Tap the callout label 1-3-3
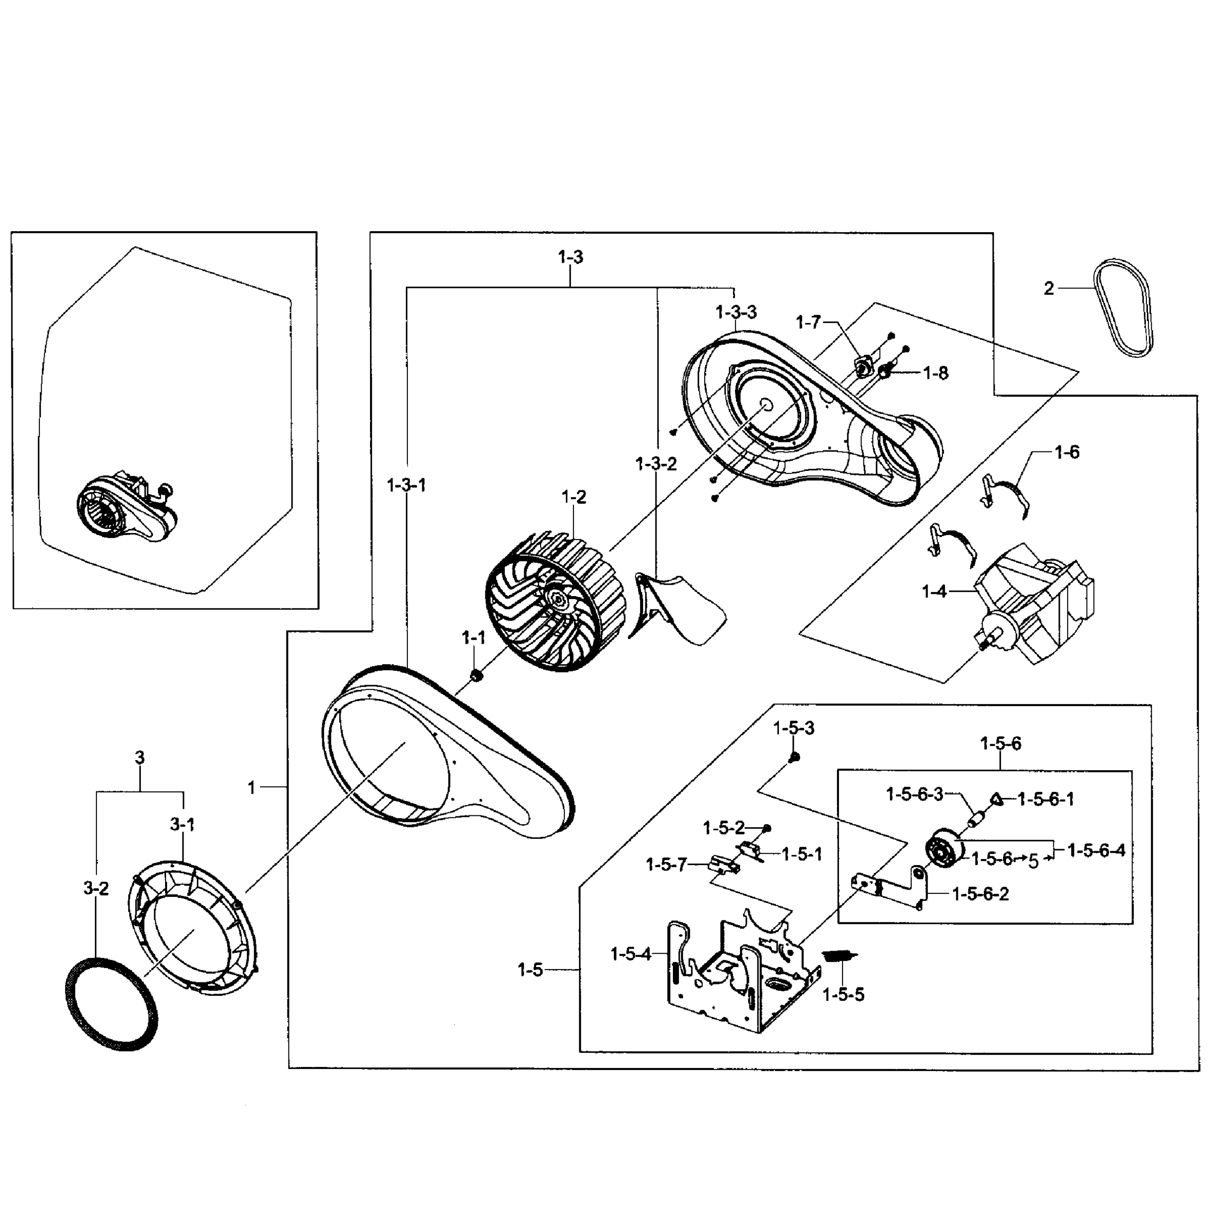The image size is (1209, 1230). point(736,313)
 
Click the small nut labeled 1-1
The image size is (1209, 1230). point(474,674)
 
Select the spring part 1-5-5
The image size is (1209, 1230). point(838,955)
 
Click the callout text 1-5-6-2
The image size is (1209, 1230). point(980,894)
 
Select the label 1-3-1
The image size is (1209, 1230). point(406,485)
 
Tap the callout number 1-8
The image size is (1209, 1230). point(935,374)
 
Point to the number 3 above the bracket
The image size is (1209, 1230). point(140,757)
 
